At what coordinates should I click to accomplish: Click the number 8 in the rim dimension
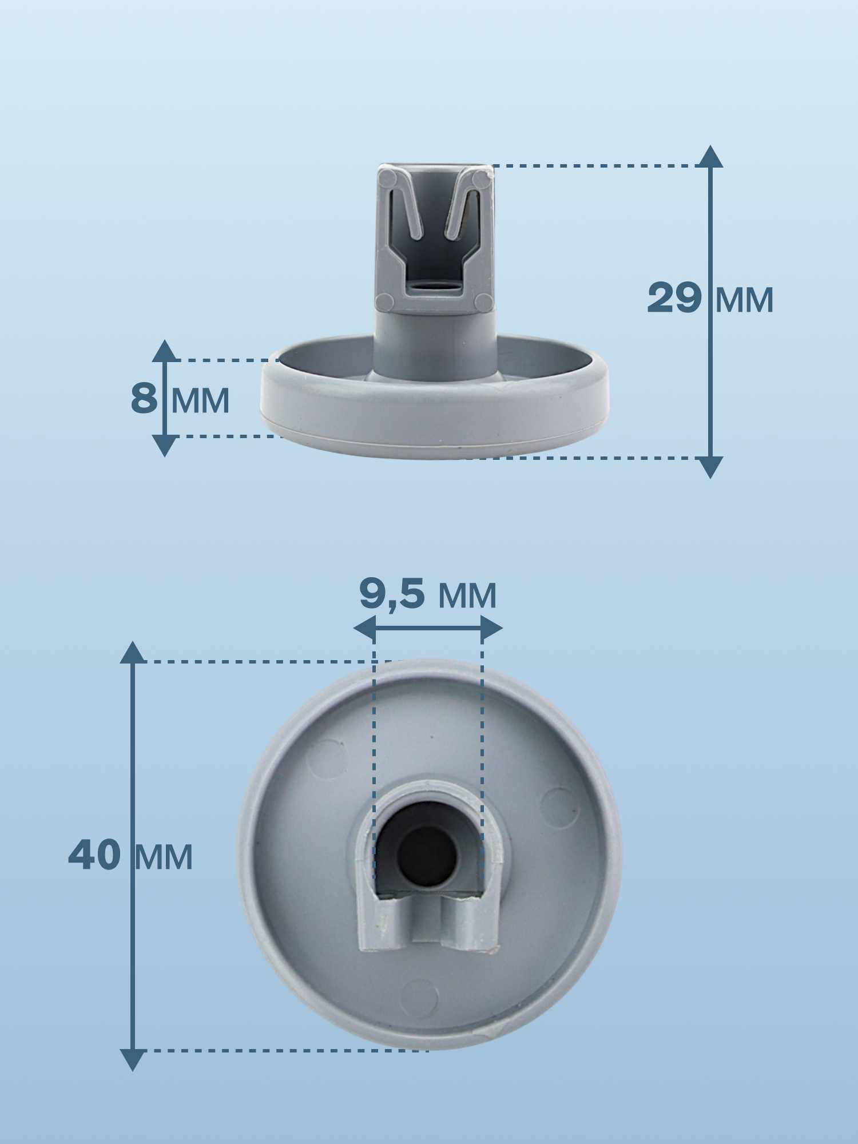(144, 398)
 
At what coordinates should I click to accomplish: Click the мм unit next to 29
(744, 301)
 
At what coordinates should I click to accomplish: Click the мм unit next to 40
(164, 858)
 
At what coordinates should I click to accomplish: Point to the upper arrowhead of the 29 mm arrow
(710, 156)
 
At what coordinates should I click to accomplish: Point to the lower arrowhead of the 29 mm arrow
(710, 467)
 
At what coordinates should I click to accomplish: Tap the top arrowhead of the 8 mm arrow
(165, 350)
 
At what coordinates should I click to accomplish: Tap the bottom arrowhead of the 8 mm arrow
(165, 446)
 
